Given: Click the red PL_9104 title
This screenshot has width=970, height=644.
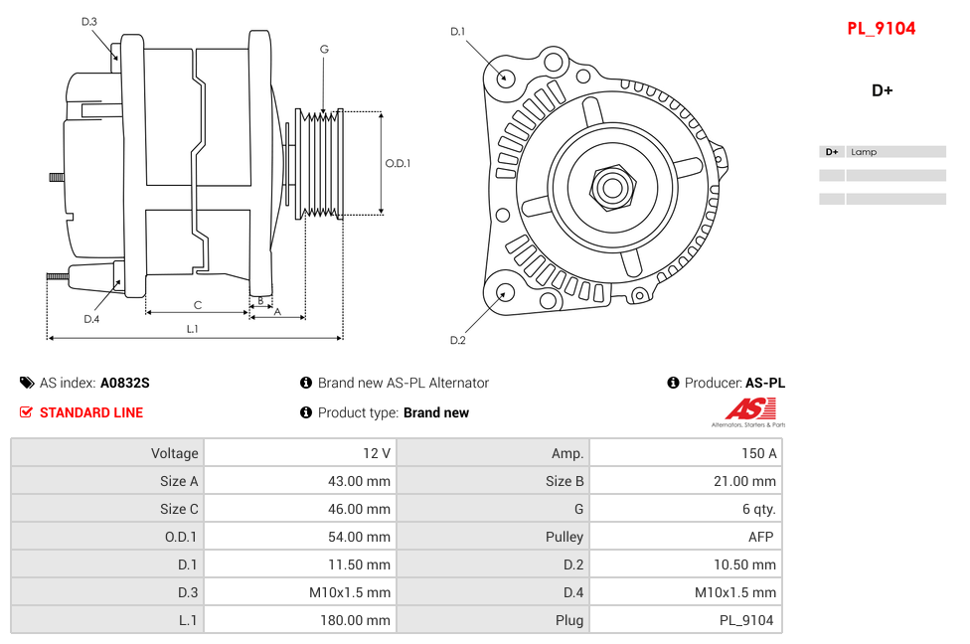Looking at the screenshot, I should pos(881,29).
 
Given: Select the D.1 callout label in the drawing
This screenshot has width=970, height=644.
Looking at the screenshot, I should pos(457,32).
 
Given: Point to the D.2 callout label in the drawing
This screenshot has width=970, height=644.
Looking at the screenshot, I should pos(457,340).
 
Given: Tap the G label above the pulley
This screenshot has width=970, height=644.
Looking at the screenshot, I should pos(324,49).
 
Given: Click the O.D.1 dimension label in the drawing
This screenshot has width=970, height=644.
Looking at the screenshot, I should pos(398,163).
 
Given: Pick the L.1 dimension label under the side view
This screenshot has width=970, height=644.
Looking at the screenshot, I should pos(193,328).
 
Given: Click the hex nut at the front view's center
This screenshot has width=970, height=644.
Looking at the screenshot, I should pos(612,186).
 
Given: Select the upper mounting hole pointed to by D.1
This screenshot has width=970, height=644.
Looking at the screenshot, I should pos(505,77).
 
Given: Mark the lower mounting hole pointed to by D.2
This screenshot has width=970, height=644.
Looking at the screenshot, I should pos(504,292).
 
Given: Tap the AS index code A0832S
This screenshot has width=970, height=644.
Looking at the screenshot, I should pos(124,383).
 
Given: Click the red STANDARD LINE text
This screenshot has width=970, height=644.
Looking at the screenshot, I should pos(90,412).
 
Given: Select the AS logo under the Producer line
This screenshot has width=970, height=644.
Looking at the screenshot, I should pos(749,410).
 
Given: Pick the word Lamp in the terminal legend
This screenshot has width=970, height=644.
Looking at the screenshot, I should pos(864,152).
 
